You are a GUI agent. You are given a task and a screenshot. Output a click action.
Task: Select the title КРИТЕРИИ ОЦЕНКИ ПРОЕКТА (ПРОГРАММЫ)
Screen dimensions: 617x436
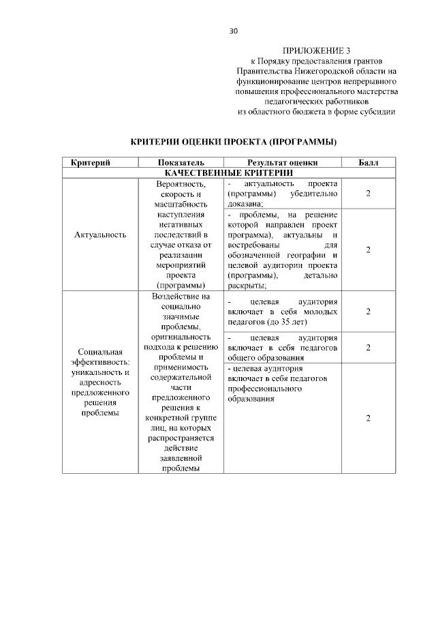[x=234, y=142]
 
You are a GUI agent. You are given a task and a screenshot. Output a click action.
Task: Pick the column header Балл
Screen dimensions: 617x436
[x=368, y=163]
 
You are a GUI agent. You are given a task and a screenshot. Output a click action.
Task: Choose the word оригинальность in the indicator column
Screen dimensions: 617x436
[x=181, y=337]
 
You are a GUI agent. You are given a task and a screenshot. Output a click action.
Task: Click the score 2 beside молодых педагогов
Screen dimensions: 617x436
[x=368, y=312]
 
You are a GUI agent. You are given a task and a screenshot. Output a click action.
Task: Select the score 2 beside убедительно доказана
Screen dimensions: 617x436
[x=368, y=194]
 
